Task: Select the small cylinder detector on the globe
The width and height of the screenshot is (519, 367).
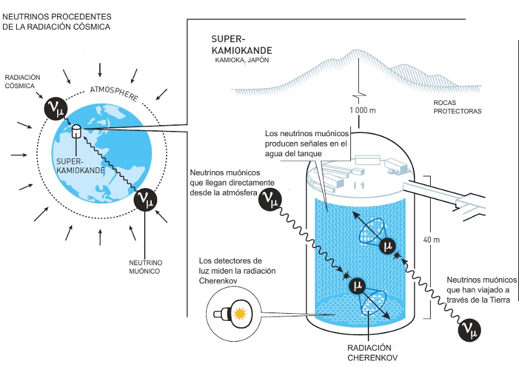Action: coord(76,131)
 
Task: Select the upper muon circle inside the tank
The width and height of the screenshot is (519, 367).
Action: coord(387,246)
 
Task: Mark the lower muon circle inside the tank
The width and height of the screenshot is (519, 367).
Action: coord(357,285)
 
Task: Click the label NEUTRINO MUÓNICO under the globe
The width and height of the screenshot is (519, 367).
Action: coord(145,267)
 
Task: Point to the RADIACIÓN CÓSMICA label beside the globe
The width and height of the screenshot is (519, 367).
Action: coord(22,82)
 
